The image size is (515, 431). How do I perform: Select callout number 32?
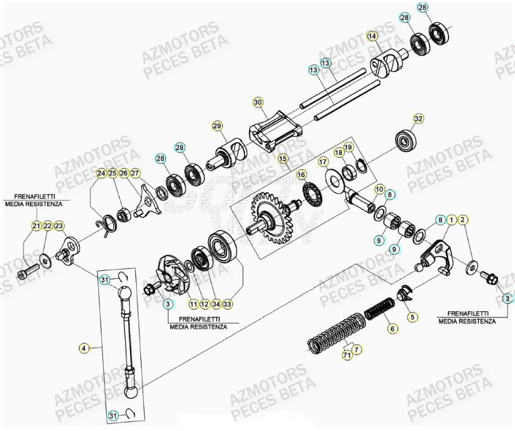[x=418, y=118]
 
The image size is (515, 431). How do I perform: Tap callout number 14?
[x=372, y=37]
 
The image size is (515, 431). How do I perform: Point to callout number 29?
[x=217, y=126]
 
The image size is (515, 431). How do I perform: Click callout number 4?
[x=84, y=348]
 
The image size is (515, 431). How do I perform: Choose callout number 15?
[x=283, y=158]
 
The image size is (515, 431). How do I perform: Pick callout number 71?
[x=347, y=355]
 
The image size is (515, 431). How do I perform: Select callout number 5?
[x=412, y=317]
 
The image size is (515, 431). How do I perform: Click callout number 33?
[x=228, y=303]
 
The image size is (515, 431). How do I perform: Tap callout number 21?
[x=36, y=226]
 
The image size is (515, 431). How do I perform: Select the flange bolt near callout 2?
[x=489, y=280]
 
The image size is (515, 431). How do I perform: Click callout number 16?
[x=301, y=175]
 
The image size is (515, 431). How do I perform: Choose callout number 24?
[x=101, y=173]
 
